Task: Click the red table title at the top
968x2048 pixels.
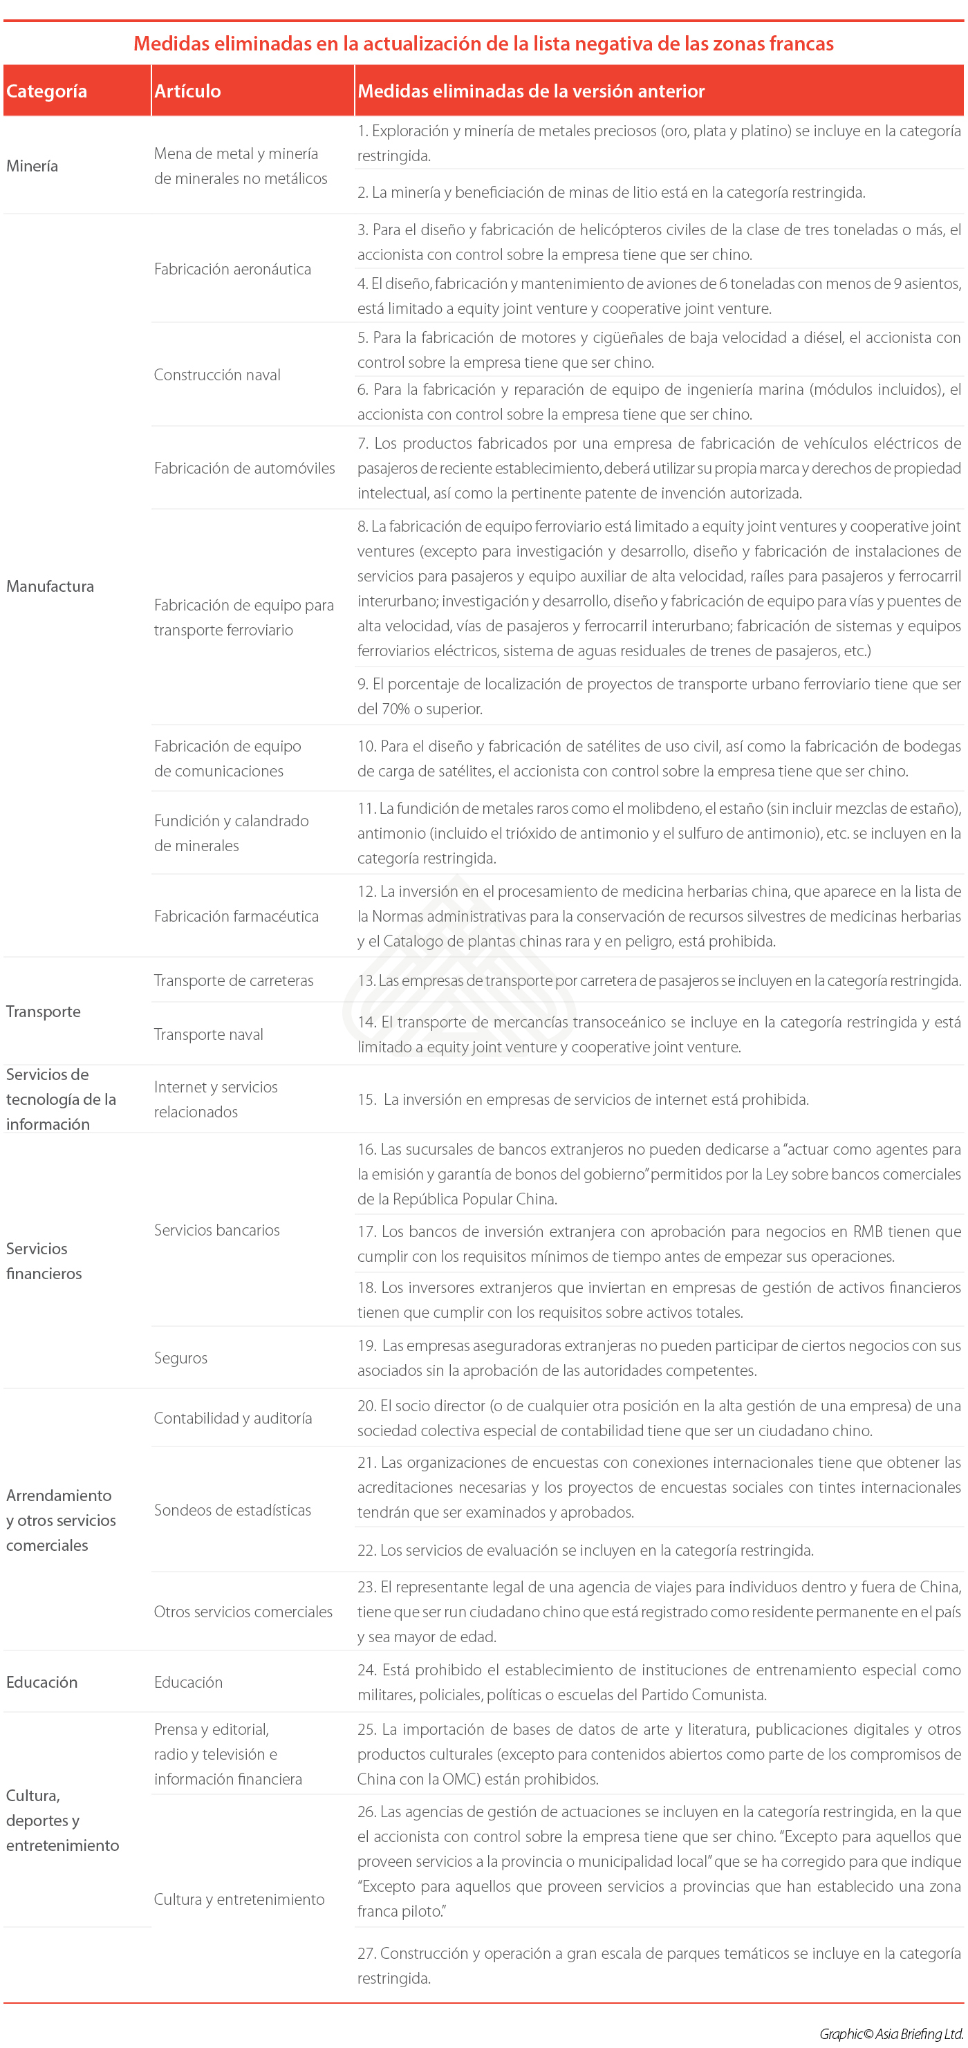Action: coord(483,44)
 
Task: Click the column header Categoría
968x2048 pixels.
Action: coord(47,91)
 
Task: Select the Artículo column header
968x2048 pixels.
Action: coord(187,91)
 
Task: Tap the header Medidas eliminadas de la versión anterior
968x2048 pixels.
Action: coord(531,91)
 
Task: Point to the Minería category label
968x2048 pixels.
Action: coord(32,166)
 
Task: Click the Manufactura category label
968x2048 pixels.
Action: coord(50,586)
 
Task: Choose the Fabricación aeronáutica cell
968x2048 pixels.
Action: coord(232,269)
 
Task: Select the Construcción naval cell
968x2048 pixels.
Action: coord(217,375)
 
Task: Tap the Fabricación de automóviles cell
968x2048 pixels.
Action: coord(244,468)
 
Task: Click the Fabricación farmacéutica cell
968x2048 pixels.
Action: coord(236,916)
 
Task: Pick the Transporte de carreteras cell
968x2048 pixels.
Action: coord(234,980)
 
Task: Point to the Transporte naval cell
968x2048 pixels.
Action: coord(208,1034)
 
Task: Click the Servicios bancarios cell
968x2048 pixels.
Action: coord(217,1230)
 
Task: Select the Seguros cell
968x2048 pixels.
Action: coord(180,1358)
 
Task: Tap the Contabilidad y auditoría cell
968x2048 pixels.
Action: coord(233,1418)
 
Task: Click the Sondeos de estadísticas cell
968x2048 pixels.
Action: coord(232,1511)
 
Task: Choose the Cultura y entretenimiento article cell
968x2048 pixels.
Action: coord(239,1899)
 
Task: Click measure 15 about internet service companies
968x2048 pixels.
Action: coord(584,1099)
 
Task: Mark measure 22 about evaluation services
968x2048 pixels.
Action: coord(585,1550)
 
